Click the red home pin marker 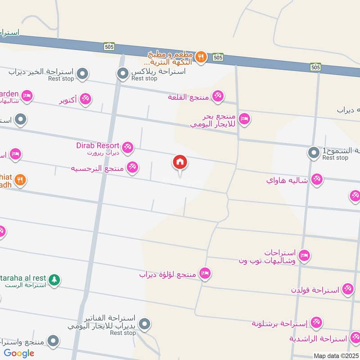[x=180, y=162]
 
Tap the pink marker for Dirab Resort [x=128, y=146]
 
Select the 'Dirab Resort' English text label [x=98, y=145]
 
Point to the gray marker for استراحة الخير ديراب [x=82, y=73]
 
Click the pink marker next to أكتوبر [x=85, y=99]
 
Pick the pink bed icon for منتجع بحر [x=244, y=119]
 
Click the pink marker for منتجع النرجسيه [x=132, y=167]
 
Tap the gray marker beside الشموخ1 [x=313, y=153]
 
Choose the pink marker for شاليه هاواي [x=317, y=180]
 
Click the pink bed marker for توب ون [x=305, y=256]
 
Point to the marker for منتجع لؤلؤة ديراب [x=205, y=273]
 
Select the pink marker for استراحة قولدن [x=347, y=289]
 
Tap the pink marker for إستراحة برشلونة [x=317, y=322]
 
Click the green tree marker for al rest [x=54, y=280]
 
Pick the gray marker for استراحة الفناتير [x=144, y=324]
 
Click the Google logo [x=19, y=353]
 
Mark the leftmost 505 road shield [x=111, y=46]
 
